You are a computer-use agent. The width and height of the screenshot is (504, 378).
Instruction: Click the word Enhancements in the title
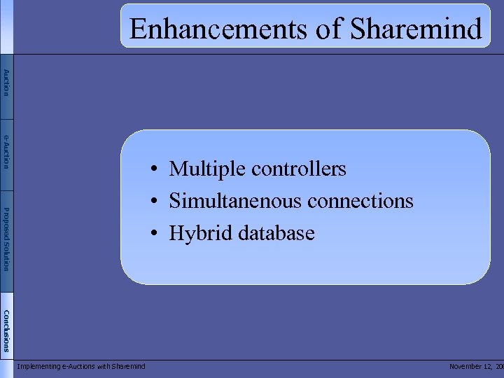pyautogui.click(x=218, y=29)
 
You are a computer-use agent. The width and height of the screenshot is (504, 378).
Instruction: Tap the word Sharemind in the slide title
pyautogui.click(x=416, y=29)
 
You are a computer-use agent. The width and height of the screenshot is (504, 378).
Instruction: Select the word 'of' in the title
pyautogui.click(x=328, y=29)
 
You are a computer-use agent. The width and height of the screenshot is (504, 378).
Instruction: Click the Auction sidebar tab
pyautogui.click(x=6, y=83)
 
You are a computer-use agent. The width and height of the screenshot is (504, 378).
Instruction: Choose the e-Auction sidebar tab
pyautogui.click(x=6, y=151)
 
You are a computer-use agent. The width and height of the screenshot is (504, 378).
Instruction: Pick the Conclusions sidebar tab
pyautogui.click(x=6, y=330)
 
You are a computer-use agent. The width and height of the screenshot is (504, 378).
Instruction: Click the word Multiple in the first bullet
pyautogui.click(x=207, y=169)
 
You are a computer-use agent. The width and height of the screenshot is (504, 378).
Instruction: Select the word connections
pyautogui.click(x=360, y=202)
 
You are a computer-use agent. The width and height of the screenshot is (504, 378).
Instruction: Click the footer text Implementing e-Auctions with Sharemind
pyautogui.click(x=81, y=366)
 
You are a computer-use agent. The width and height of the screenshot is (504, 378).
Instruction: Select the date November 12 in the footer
pyautogui.click(x=472, y=366)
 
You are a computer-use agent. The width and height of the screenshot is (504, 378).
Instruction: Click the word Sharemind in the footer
pyautogui.click(x=128, y=366)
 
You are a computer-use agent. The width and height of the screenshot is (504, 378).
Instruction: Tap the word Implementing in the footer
pyautogui.click(x=38, y=366)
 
